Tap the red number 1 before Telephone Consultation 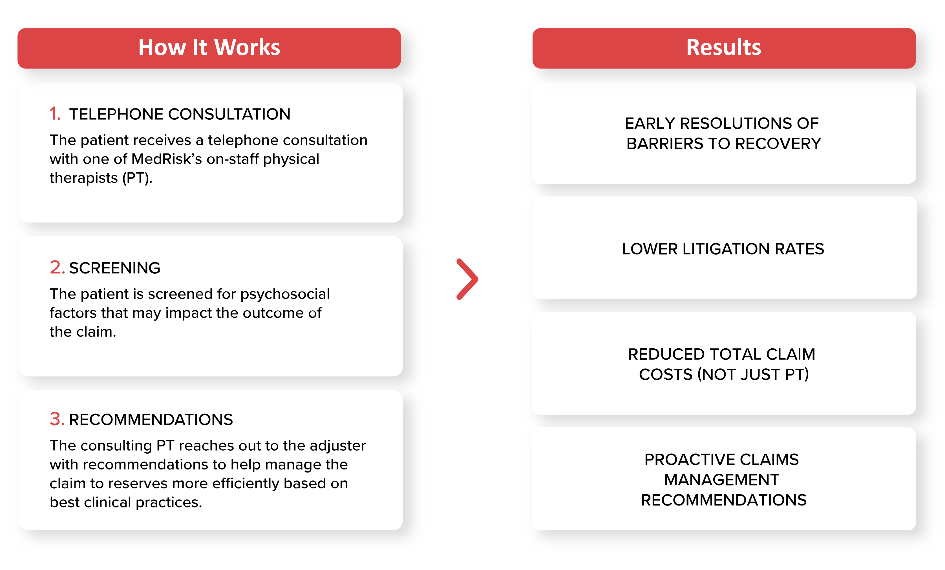click(x=55, y=114)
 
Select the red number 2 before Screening click(x=57, y=267)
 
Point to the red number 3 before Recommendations click(x=57, y=419)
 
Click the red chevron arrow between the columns click(x=467, y=279)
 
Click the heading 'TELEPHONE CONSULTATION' click(x=180, y=114)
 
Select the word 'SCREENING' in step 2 click(x=115, y=268)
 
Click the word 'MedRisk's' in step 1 click(x=166, y=159)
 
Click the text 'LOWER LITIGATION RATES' click(x=723, y=249)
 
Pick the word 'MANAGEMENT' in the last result click(x=721, y=480)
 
